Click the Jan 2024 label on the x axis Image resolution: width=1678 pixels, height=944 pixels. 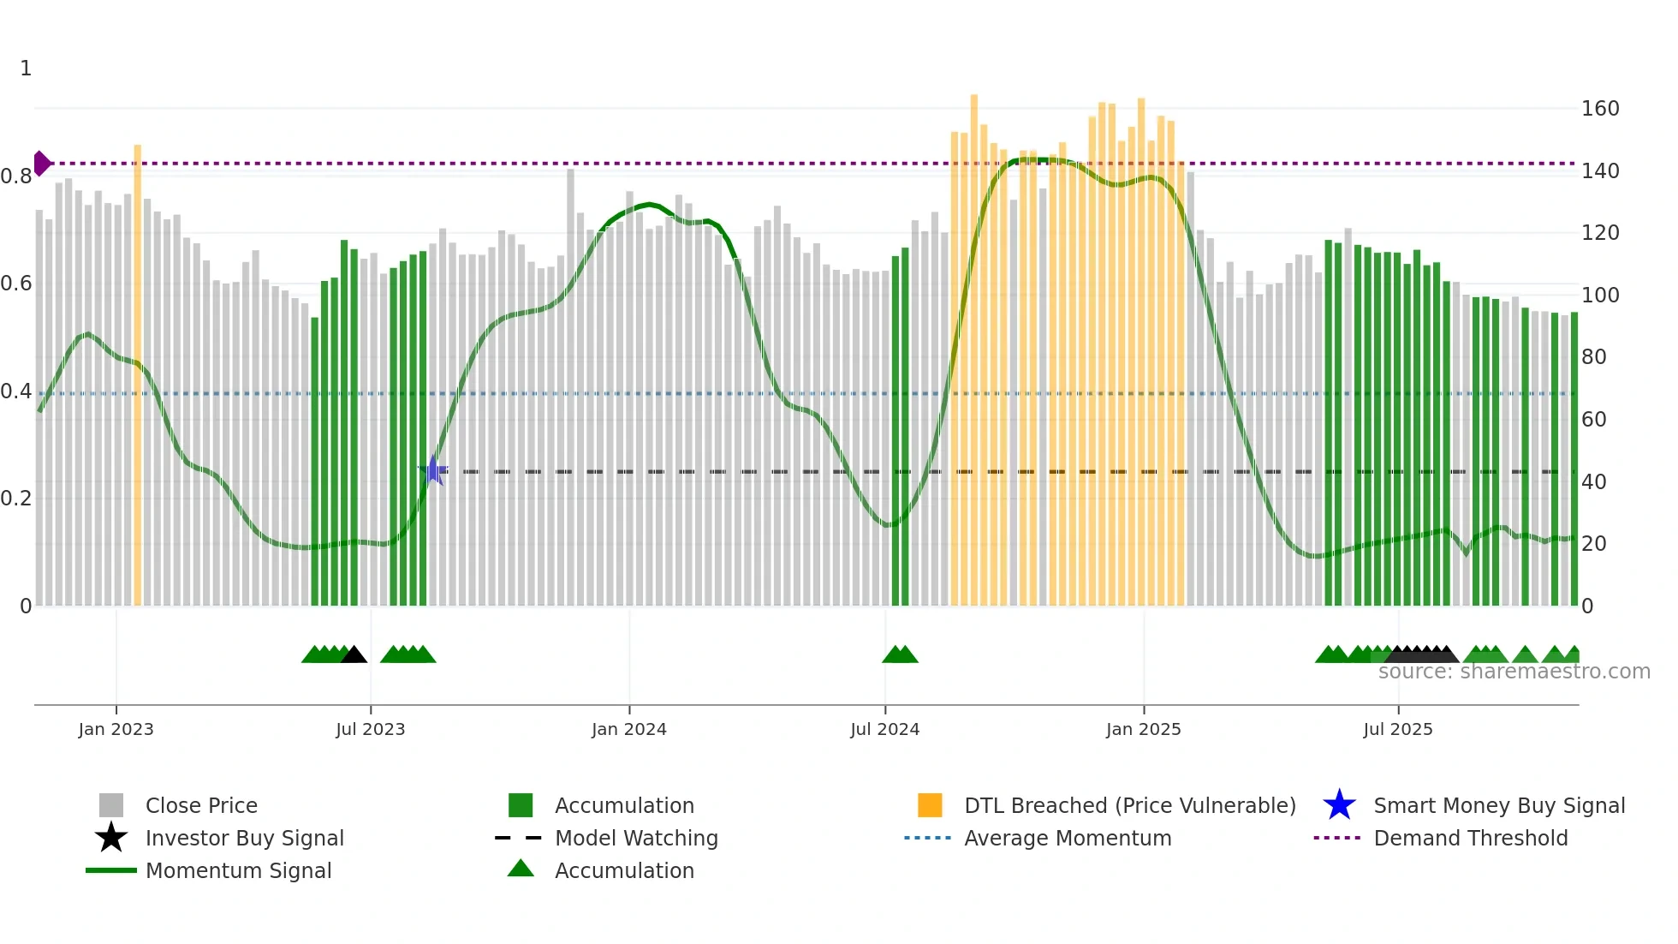[x=628, y=729]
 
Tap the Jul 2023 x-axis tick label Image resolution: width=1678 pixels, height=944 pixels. [x=370, y=729]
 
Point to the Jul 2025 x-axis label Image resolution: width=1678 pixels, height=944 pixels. [x=1397, y=729]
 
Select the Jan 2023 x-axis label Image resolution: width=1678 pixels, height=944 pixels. [x=116, y=729]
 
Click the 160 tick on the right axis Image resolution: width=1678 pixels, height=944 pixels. [x=1600, y=109]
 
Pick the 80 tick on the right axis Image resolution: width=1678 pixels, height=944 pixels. [x=1593, y=357]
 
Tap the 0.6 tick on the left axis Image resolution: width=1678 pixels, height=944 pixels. [x=16, y=284]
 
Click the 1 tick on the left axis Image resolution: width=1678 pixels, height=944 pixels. [x=26, y=69]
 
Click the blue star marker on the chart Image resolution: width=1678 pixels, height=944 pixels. [x=433, y=470]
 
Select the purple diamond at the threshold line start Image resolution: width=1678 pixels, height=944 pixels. [x=42, y=163]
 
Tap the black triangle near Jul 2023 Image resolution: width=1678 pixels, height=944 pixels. [x=354, y=654]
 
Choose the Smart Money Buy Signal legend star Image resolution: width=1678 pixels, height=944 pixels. [x=1339, y=805]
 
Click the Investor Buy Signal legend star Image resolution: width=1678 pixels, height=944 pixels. [x=111, y=838]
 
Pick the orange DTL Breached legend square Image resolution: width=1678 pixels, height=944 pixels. [x=930, y=805]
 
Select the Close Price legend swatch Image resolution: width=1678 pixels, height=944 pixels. [x=111, y=805]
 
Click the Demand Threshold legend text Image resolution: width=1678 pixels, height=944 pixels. [x=1470, y=838]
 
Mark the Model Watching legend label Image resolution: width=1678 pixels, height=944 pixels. [x=636, y=838]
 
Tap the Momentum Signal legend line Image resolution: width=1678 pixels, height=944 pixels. [x=111, y=870]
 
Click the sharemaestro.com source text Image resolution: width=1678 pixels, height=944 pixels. [x=1514, y=672]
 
